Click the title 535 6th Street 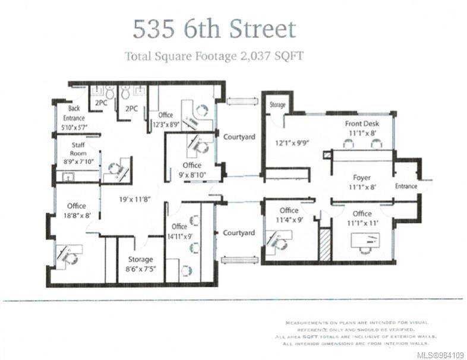click(x=213, y=29)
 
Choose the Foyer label click(x=361, y=182)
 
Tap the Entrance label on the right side click(x=406, y=186)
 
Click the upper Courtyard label click(x=239, y=137)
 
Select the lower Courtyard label click(x=239, y=233)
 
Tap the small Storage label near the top click(x=277, y=105)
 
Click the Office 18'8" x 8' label click(x=77, y=211)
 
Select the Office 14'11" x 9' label click(x=179, y=231)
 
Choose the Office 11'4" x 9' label click(x=289, y=215)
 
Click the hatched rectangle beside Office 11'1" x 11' click(x=324, y=244)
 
